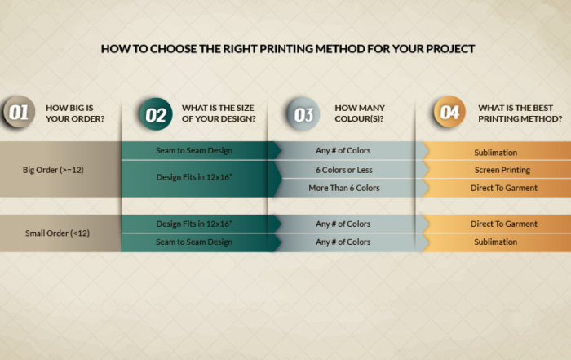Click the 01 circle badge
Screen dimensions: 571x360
click(x=18, y=112)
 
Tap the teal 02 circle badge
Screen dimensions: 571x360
click(x=156, y=114)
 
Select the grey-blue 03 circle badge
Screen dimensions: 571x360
click(x=303, y=114)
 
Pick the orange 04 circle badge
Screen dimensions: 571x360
click(x=449, y=112)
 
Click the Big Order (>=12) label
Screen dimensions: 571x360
click(x=53, y=170)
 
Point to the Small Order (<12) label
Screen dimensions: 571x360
click(x=58, y=233)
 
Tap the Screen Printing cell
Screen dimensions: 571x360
click(x=502, y=170)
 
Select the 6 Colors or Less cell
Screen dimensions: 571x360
click(x=344, y=170)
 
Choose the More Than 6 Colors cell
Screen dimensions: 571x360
click(x=344, y=188)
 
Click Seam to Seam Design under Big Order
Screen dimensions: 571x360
click(x=194, y=150)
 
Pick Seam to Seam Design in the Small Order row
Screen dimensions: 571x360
click(x=194, y=242)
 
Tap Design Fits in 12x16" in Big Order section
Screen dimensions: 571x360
click(x=194, y=177)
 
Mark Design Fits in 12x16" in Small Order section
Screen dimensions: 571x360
click(x=194, y=224)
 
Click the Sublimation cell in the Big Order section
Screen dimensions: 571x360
click(x=496, y=153)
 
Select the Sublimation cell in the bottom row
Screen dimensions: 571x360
click(x=496, y=242)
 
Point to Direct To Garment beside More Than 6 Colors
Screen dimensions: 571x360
click(x=503, y=188)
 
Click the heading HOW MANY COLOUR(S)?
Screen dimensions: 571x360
click(x=360, y=113)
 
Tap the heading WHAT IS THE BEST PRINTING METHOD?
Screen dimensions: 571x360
click(x=520, y=113)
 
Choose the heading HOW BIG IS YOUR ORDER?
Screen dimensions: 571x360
click(x=75, y=113)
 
